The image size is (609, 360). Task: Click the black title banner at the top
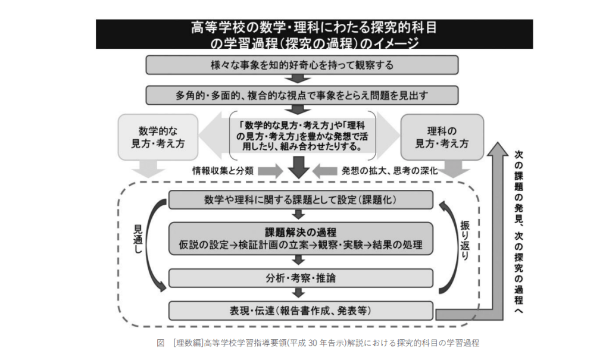pyautogui.click(x=314, y=35)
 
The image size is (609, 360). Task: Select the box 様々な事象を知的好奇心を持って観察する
pyautogui.click(x=302, y=64)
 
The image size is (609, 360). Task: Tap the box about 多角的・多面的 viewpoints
pyautogui.click(x=302, y=95)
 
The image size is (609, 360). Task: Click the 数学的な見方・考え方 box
pyautogui.click(x=158, y=136)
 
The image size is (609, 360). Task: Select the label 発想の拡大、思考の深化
pyautogui.click(x=390, y=171)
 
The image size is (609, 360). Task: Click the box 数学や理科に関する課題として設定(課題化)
pyautogui.click(x=302, y=199)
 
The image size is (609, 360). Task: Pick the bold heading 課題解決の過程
pyautogui.click(x=302, y=232)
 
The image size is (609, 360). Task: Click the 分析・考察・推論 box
pyautogui.click(x=302, y=278)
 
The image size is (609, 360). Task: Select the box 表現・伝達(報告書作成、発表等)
pyautogui.click(x=302, y=310)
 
